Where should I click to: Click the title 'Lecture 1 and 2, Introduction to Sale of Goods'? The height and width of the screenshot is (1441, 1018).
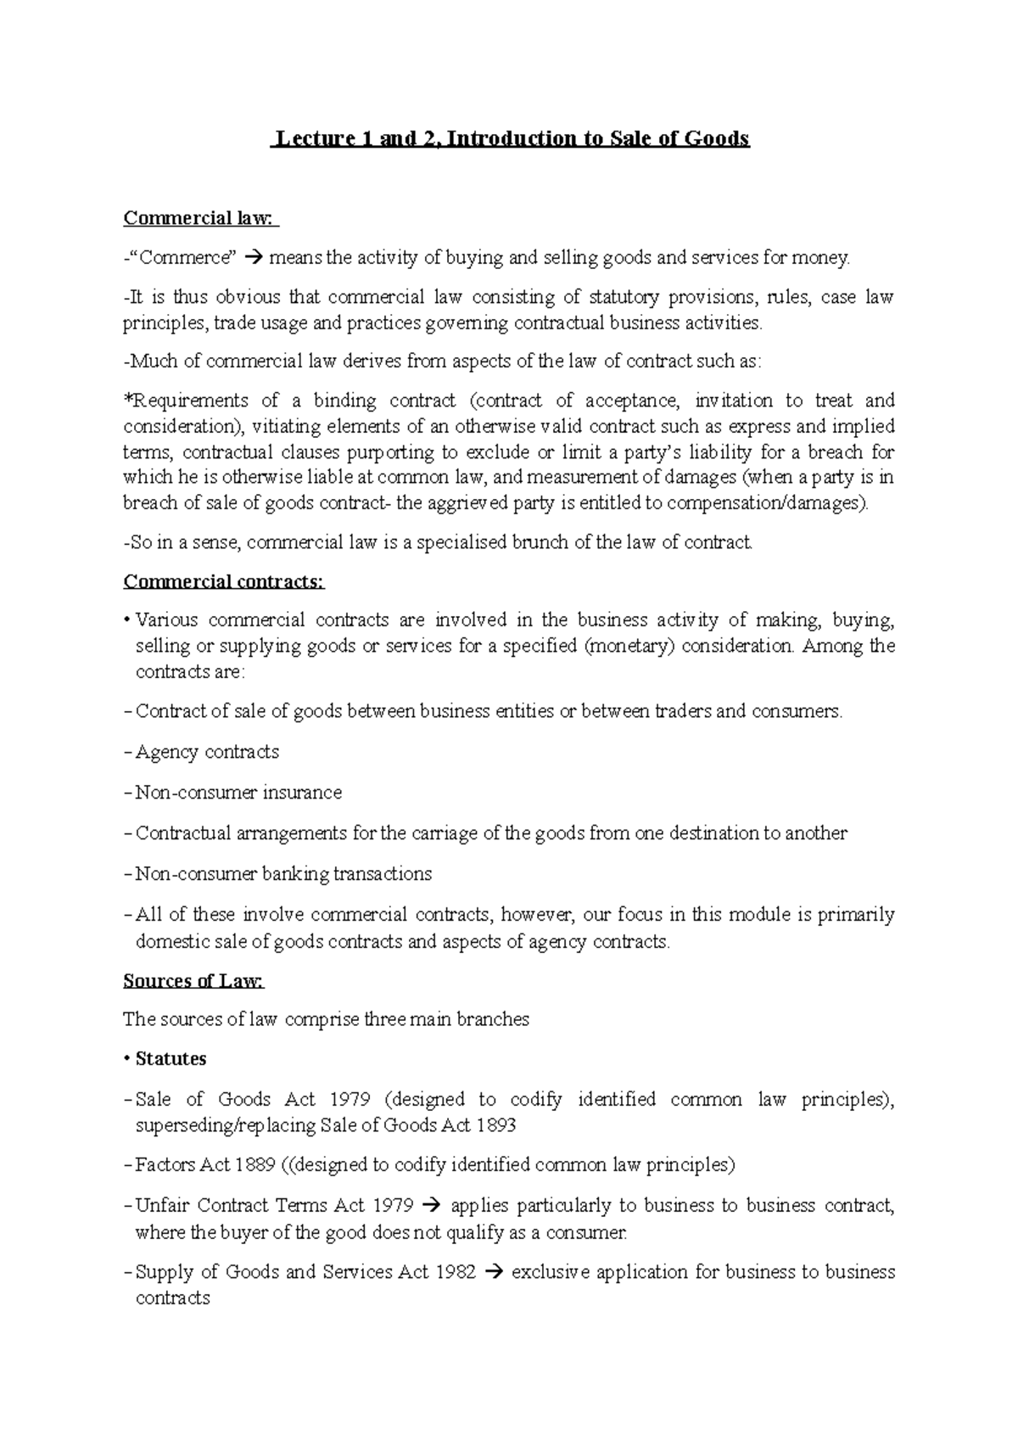(510, 138)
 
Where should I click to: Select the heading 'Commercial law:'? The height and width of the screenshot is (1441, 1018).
(200, 218)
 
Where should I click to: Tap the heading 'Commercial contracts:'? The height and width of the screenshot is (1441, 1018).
(224, 581)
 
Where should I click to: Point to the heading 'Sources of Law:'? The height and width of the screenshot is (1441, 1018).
(193, 981)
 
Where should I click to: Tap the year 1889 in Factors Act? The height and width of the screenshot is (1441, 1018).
(254, 1164)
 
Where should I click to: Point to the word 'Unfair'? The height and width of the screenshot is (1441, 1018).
(162, 1205)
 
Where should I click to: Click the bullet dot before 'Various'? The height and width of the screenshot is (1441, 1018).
(126, 620)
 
